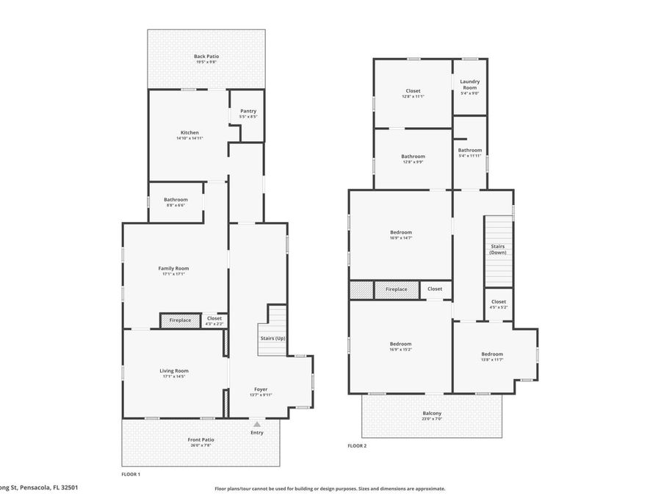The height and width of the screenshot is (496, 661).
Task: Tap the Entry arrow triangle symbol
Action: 256,424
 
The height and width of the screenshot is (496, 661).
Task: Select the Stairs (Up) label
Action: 272,338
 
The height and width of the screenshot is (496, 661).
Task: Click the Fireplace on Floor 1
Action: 180,320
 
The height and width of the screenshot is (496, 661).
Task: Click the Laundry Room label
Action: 470,85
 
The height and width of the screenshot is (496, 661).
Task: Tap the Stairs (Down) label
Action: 498,249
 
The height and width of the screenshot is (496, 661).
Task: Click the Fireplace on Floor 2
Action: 396,290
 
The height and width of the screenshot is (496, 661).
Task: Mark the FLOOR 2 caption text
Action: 357,445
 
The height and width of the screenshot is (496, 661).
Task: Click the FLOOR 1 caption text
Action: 131,474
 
